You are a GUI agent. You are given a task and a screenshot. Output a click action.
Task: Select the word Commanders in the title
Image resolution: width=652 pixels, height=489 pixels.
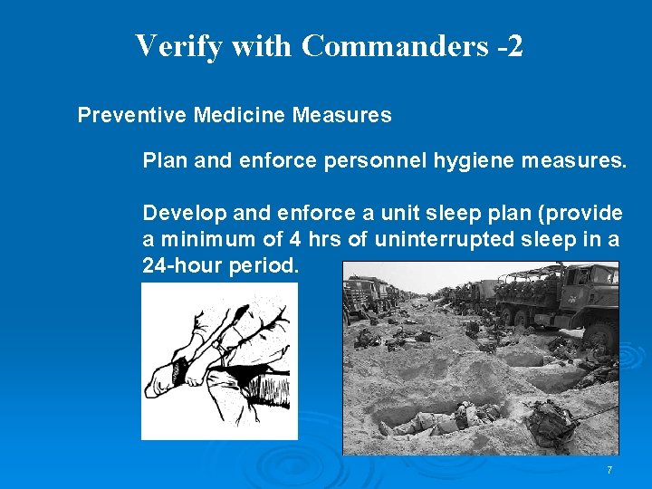pos(395,46)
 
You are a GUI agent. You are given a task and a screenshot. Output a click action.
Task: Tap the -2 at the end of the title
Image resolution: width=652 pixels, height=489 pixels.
pos(510,46)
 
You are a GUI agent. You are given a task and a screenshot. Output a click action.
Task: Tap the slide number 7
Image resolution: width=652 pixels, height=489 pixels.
pos(609,470)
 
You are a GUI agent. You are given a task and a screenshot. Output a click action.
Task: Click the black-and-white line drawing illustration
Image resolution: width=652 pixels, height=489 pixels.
pos(219,362)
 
